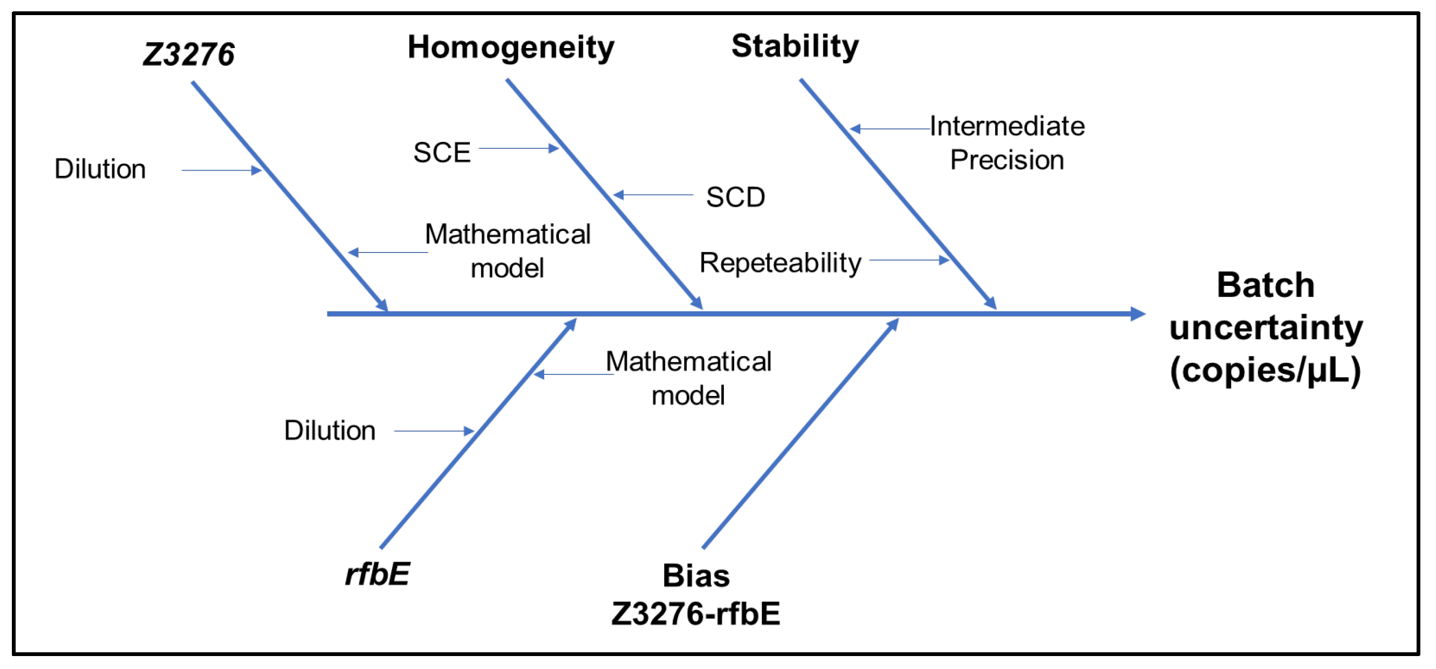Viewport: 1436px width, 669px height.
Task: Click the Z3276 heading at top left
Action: pyautogui.click(x=188, y=54)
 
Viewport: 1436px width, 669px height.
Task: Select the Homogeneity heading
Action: pyautogui.click(x=511, y=47)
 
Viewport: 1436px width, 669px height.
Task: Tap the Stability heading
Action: pyautogui.click(x=795, y=46)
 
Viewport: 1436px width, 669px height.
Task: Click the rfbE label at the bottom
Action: pyautogui.click(x=378, y=574)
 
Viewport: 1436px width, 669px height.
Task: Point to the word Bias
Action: pyautogui.click(x=696, y=575)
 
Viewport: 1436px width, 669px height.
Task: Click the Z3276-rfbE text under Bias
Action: pyautogui.click(x=696, y=614)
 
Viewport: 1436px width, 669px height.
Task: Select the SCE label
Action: pyautogui.click(x=442, y=153)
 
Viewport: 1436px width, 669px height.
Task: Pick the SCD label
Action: pyautogui.click(x=735, y=197)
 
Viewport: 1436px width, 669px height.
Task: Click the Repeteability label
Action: pyautogui.click(x=781, y=263)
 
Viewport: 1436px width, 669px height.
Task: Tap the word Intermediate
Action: pyautogui.click(x=1007, y=127)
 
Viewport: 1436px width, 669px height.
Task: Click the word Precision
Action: pyautogui.click(x=1007, y=161)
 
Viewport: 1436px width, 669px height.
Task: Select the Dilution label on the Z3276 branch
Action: pyautogui.click(x=100, y=169)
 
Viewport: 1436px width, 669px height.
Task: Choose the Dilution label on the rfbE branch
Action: pyautogui.click(x=330, y=431)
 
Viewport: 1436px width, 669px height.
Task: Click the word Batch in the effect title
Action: pyautogui.click(x=1266, y=285)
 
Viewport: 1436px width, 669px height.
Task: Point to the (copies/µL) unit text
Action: pyautogui.click(x=1266, y=370)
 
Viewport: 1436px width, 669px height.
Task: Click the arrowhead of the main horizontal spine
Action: pyautogui.click(x=1137, y=314)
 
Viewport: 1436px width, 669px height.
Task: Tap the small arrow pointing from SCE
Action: pyautogui.click(x=518, y=148)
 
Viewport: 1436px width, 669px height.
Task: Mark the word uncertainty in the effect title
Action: pyautogui.click(x=1266, y=328)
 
